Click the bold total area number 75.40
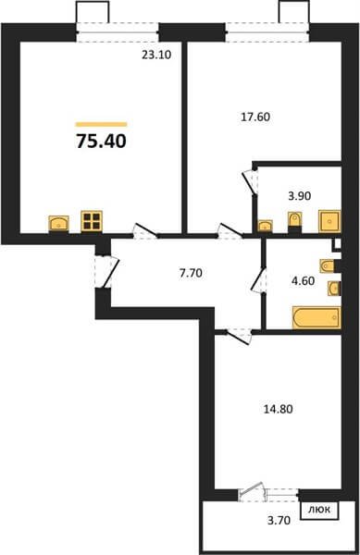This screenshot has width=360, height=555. point(101,142)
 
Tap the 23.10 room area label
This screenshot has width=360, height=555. point(156,55)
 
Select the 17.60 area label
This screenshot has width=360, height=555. point(255,117)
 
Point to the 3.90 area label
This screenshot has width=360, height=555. point(300,196)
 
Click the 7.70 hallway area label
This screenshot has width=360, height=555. point(191,273)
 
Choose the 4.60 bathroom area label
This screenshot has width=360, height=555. point(303,280)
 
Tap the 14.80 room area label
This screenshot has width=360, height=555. point(279,409)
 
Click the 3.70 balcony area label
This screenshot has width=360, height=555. point(279,521)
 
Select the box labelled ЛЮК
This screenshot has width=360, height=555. point(319,511)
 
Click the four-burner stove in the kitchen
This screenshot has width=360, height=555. point(92,221)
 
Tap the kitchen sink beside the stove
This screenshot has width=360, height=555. point(58,223)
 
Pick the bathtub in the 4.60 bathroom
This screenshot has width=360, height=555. point(317,318)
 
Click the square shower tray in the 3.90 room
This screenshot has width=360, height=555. point(329,222)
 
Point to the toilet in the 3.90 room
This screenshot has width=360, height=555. point(294,219)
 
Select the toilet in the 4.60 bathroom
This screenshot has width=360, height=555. point(328,265)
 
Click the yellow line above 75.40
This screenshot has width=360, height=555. point(101,124)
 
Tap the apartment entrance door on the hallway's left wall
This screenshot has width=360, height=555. point(107,272)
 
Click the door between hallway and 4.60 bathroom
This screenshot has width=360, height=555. point(259,280)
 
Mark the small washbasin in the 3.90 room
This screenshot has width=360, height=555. point(265,226)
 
